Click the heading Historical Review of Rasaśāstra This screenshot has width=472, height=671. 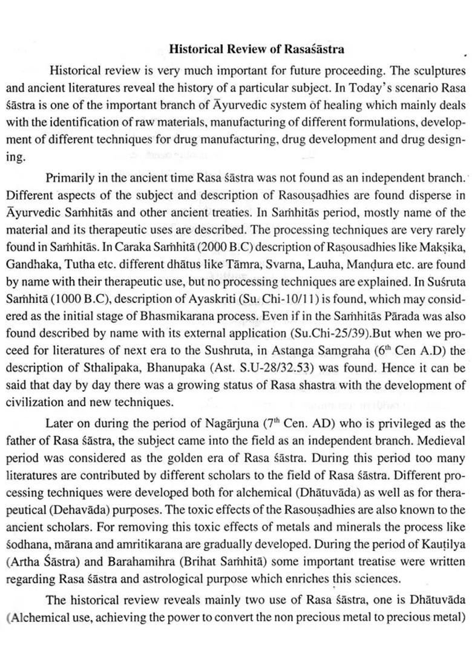click(x=257, y=48)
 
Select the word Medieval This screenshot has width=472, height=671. click(x=443, y=441)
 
